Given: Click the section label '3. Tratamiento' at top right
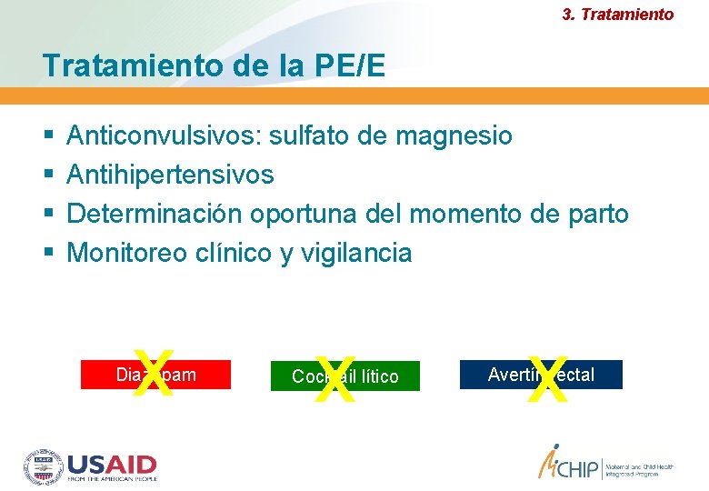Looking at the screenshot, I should (618, 15).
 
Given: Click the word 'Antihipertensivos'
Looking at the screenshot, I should (170, 175).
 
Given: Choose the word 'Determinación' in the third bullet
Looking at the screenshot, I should (155, 214).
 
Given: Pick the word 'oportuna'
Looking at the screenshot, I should (304, 214).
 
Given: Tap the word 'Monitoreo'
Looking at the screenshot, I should (128, 253).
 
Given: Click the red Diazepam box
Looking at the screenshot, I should (200, 375).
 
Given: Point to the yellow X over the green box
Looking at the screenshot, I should (335, 377).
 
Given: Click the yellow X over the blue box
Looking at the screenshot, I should (546, 376).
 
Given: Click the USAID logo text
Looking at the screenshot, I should (112, 466).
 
